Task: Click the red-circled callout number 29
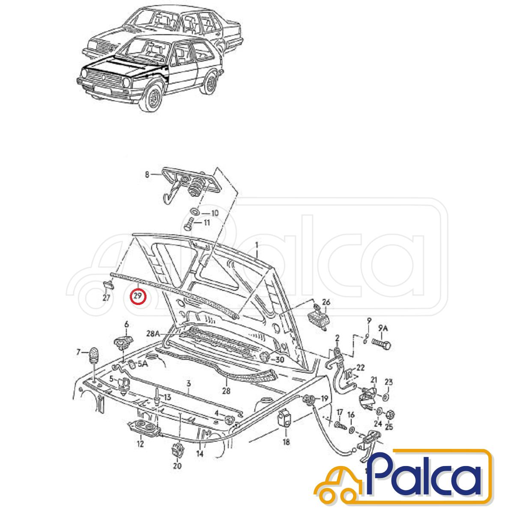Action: [138, 296]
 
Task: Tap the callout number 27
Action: [106, 298]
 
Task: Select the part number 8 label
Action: [147, 175]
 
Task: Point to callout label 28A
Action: [153, 333]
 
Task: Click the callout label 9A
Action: [383, 329]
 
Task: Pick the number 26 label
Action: [326, 302]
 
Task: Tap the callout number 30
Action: [280, 359]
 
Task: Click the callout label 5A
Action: [143, 364]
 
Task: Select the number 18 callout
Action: [286, 442]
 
